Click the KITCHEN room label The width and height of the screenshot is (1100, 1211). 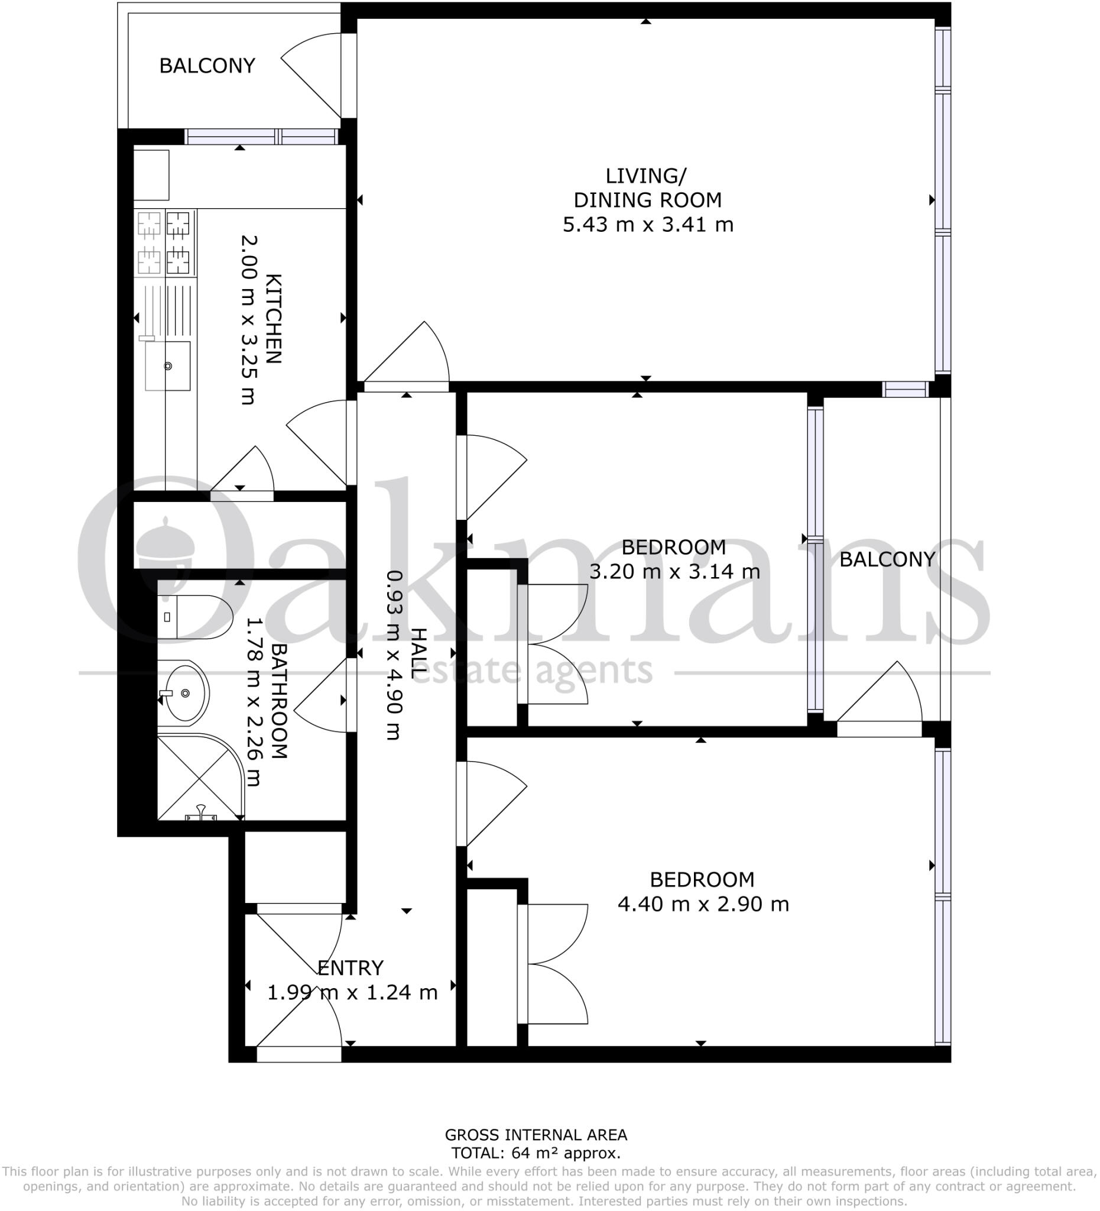click(x=273, y=319)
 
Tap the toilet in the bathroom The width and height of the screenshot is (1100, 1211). click(x=194, y=617)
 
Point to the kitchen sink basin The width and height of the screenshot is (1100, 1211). click(x=167, y=366)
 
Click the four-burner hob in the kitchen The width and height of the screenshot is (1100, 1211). click(x=164, y=242)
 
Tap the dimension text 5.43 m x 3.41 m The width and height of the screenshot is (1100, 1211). click(x=648, y=225)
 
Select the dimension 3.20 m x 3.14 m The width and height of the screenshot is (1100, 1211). click(x=674, y=571)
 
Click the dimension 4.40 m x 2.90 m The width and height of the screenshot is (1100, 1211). click(x=703, y=904)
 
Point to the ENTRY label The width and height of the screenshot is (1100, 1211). click(x=350, y=968)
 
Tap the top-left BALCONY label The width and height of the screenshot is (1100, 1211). click(x=207, y=66)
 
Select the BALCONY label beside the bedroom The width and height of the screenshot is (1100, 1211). click(x=887, y=559)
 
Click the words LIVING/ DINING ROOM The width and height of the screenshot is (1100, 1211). click(x=647, y=188)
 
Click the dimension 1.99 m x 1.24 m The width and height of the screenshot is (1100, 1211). click(x=352, y=992)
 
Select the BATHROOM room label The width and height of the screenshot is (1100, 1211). click(x=279, y=701)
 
